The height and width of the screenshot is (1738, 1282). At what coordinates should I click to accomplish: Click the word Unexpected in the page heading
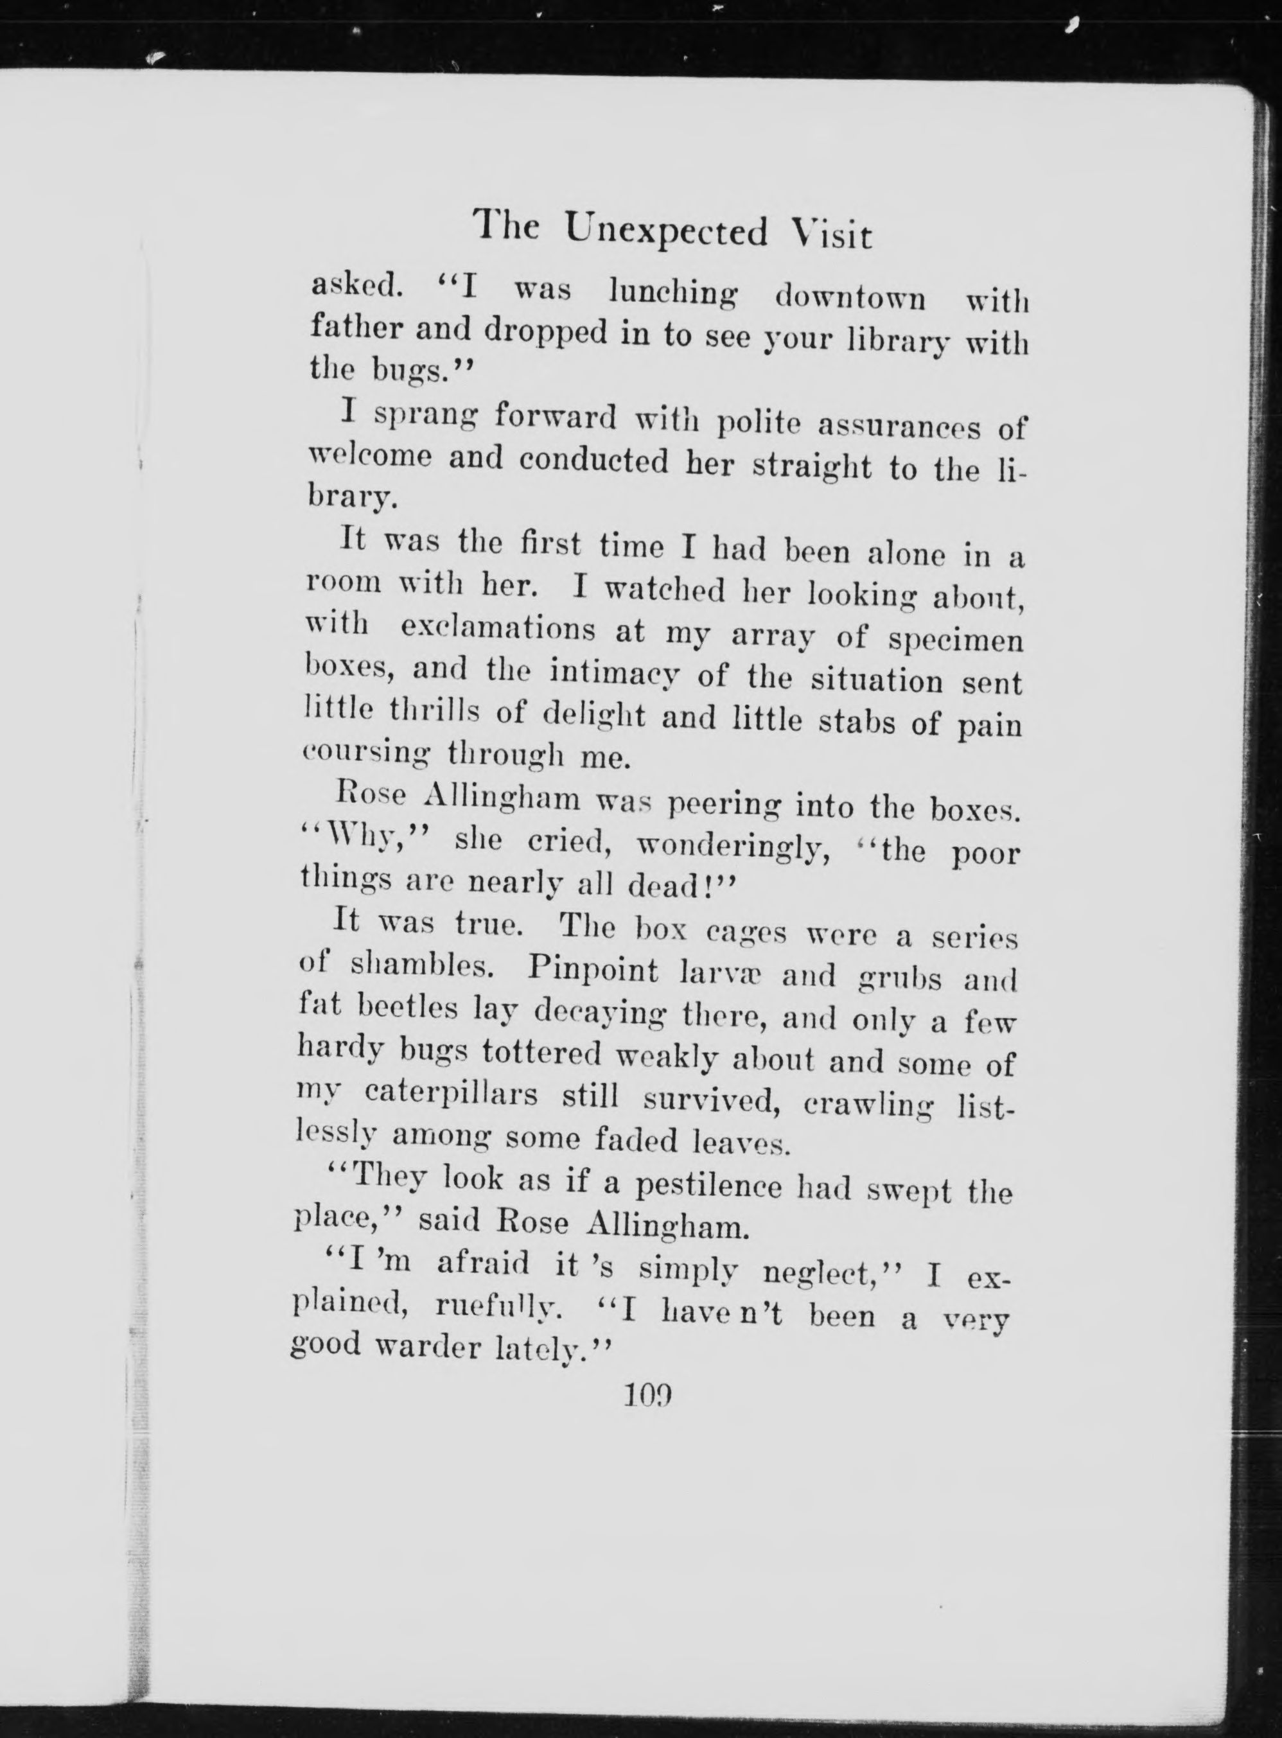click(667, 231)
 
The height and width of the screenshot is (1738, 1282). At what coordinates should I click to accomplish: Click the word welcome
click(369, 458)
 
